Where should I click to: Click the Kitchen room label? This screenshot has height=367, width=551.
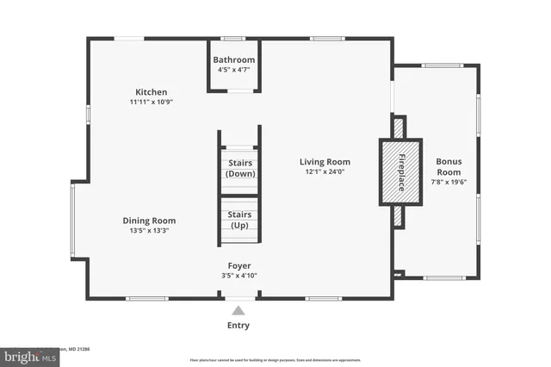click(151, 92)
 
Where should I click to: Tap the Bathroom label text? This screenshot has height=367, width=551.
click(235, 59)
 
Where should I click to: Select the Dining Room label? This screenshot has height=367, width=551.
click(150, 220)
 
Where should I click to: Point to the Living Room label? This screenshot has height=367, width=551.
click(325, 161)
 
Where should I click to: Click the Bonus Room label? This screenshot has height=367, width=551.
click(449, 166)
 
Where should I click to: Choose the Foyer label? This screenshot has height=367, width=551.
click(239, 265)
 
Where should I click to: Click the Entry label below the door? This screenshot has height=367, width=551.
click(239, 325)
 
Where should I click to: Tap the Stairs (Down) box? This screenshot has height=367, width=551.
click(238, 168)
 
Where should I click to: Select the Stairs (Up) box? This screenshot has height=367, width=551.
click(238, 220)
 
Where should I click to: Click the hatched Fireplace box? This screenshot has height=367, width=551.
click(400, 171)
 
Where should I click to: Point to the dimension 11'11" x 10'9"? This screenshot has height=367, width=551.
click(151, 102)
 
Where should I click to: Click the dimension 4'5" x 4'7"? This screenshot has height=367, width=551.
click(235, 69)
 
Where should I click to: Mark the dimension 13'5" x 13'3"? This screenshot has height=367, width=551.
click(150, 230)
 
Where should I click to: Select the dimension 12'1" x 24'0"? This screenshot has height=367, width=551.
click(325, 171)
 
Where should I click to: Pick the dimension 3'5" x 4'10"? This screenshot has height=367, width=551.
click(239, 276)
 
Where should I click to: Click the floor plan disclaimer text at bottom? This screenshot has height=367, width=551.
click(275, 358)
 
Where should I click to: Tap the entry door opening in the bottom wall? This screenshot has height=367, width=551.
click(239, 299)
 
